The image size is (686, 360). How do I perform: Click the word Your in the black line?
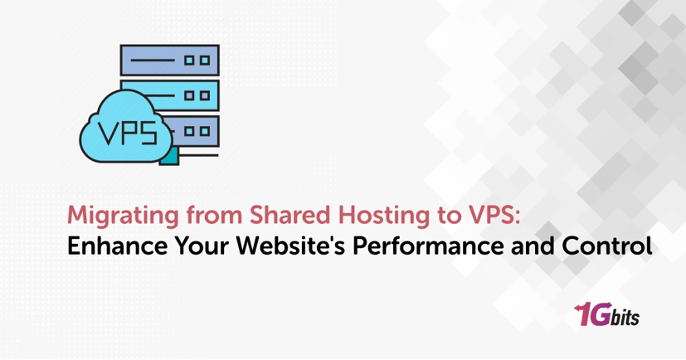click(x=190, y=247)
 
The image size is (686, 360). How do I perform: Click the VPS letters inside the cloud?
click(x=125, y=131)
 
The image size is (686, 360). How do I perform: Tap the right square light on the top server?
click(x=203, y=61)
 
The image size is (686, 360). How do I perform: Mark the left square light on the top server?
click(x=187, y=61)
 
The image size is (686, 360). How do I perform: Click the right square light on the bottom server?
click(x=203, y=130)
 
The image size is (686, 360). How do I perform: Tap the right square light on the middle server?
click(x=203, y=95)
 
